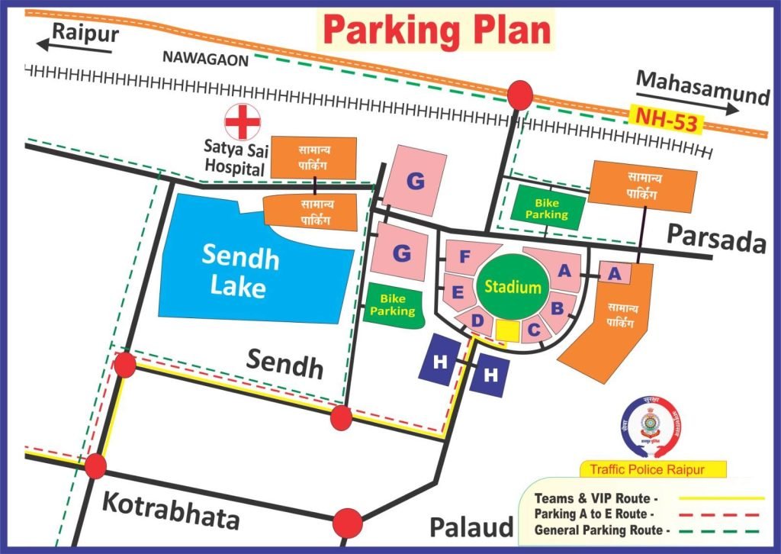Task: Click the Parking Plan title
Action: [x=436, y=30]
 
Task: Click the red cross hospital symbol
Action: [x=243, y=122]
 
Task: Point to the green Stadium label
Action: [x=513, y=288]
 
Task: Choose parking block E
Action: [x=458, y=292]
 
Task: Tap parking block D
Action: [x=477, y=321]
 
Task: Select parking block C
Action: [x=534, y=329]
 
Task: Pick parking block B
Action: [x=557, y=308]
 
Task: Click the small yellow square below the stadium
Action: [x=507, y=330]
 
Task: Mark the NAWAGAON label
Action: [x=205, y=60]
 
